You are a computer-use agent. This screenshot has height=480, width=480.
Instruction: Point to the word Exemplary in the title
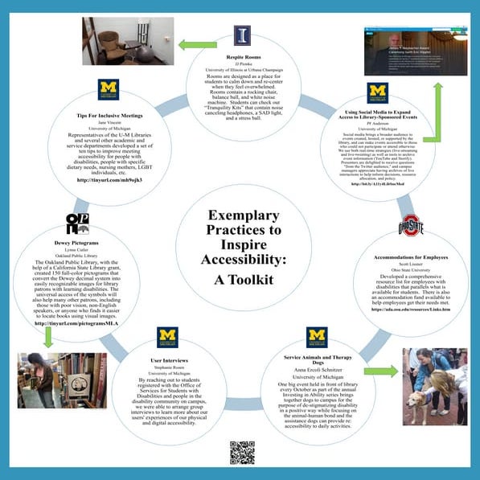coord(240,215)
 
